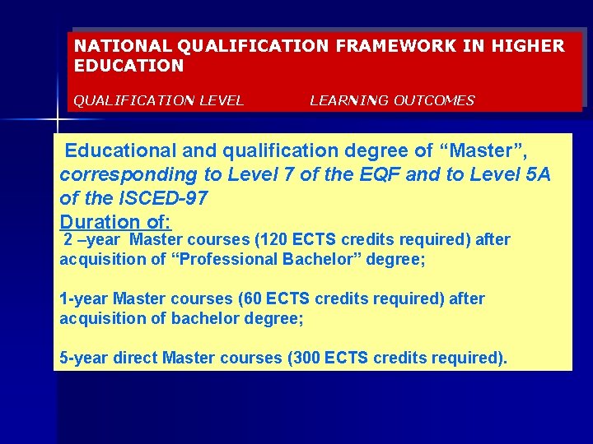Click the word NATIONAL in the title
pos(111,46)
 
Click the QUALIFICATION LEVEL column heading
pos(159,101)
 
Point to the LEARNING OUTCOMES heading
pos(392,101)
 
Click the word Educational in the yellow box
pos(119,151)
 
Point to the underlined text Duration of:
pos(115,222)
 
